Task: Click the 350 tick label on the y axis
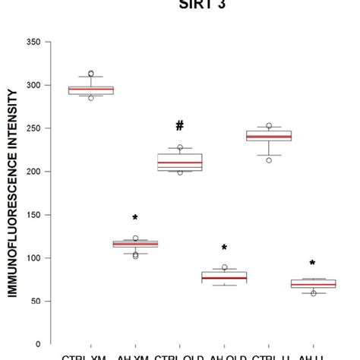[x=34, y=42]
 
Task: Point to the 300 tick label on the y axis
[x=34, y=85]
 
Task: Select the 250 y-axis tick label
[x=34, y=128]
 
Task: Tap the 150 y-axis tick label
[x=34, y=215]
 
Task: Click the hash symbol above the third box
[x=179, y=126]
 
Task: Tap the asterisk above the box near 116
[x=135, y=219]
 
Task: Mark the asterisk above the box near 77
[x=224, y=248]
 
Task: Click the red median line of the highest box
[x=90, y=90]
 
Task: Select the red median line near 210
[x=179, y=163]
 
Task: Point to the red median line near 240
[x=269, y=137]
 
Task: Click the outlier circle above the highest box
[x=90, y=74]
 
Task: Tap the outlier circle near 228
[x=179, y=148]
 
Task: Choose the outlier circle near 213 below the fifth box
[x=269, y=160]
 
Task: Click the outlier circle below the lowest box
[x=313, y=293]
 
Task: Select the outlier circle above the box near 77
[x=224, y=267]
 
